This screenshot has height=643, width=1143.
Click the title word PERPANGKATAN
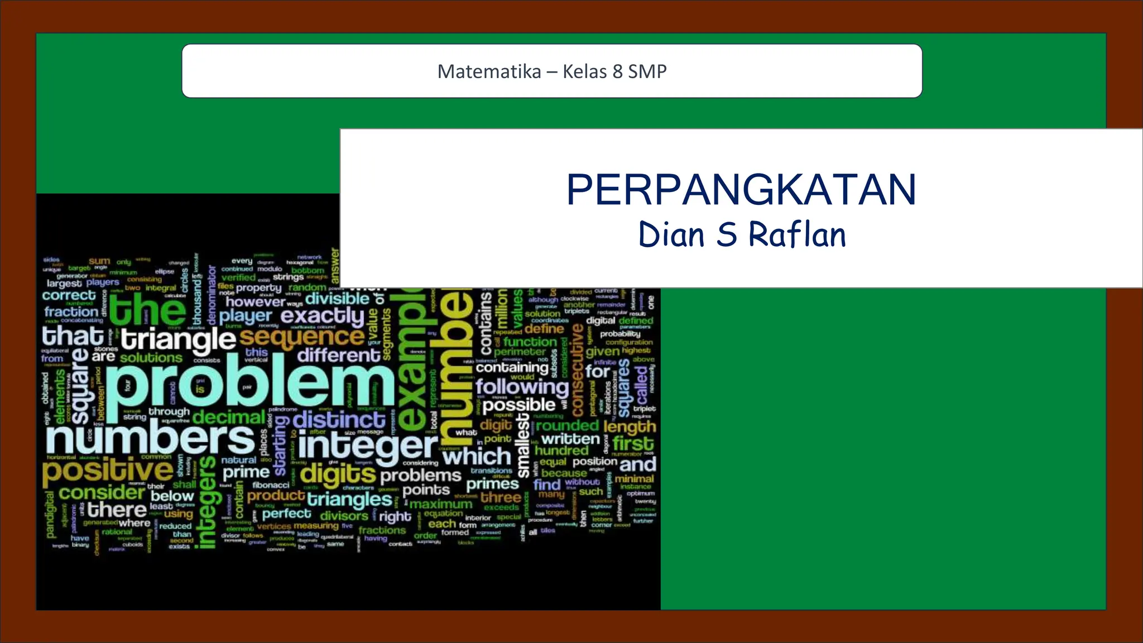tap(741, 190)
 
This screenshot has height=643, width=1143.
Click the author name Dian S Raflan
tap(742, 234)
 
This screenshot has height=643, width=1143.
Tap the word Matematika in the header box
tap(489, 71)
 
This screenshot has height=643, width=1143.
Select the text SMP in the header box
tap(647, 71)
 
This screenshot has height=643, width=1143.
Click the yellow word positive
tap(108, 470)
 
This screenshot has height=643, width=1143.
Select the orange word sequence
tap(302, 337)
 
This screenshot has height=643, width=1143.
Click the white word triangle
tap(179, 339)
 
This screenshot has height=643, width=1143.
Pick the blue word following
tap(522, 386)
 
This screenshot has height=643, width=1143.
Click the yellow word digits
tap(338, 474)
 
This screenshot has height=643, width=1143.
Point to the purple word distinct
tap(339, 420)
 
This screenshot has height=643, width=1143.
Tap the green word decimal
tap(229, 417)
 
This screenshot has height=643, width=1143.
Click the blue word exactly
tap(323, 316)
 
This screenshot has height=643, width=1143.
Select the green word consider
tap(102, 492)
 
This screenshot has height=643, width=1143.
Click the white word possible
tap(519, 405)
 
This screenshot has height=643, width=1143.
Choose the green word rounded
tap(567, 426)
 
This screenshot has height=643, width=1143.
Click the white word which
tap(477, 457)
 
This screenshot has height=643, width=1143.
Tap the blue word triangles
tap(349, 498)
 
